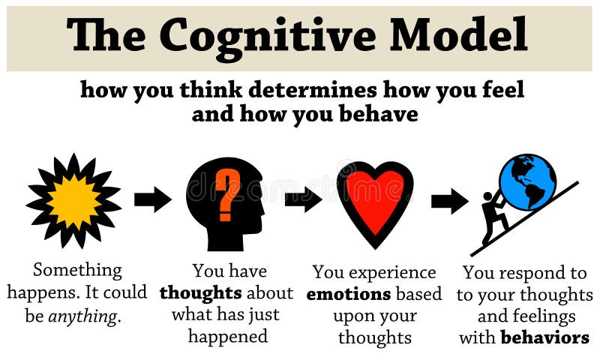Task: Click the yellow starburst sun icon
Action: tap(73, 202)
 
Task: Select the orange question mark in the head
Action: tap(228, 193)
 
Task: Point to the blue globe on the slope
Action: tap(527, 182)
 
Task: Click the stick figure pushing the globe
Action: tap(493, 217)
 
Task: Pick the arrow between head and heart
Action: tap(303, 199)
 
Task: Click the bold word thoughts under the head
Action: tap(200, 292)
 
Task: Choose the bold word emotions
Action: tap(348, 293)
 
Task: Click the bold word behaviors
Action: tap(544, 337)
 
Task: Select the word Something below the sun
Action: tap(77, 270)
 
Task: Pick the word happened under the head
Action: tap(228, 336)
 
